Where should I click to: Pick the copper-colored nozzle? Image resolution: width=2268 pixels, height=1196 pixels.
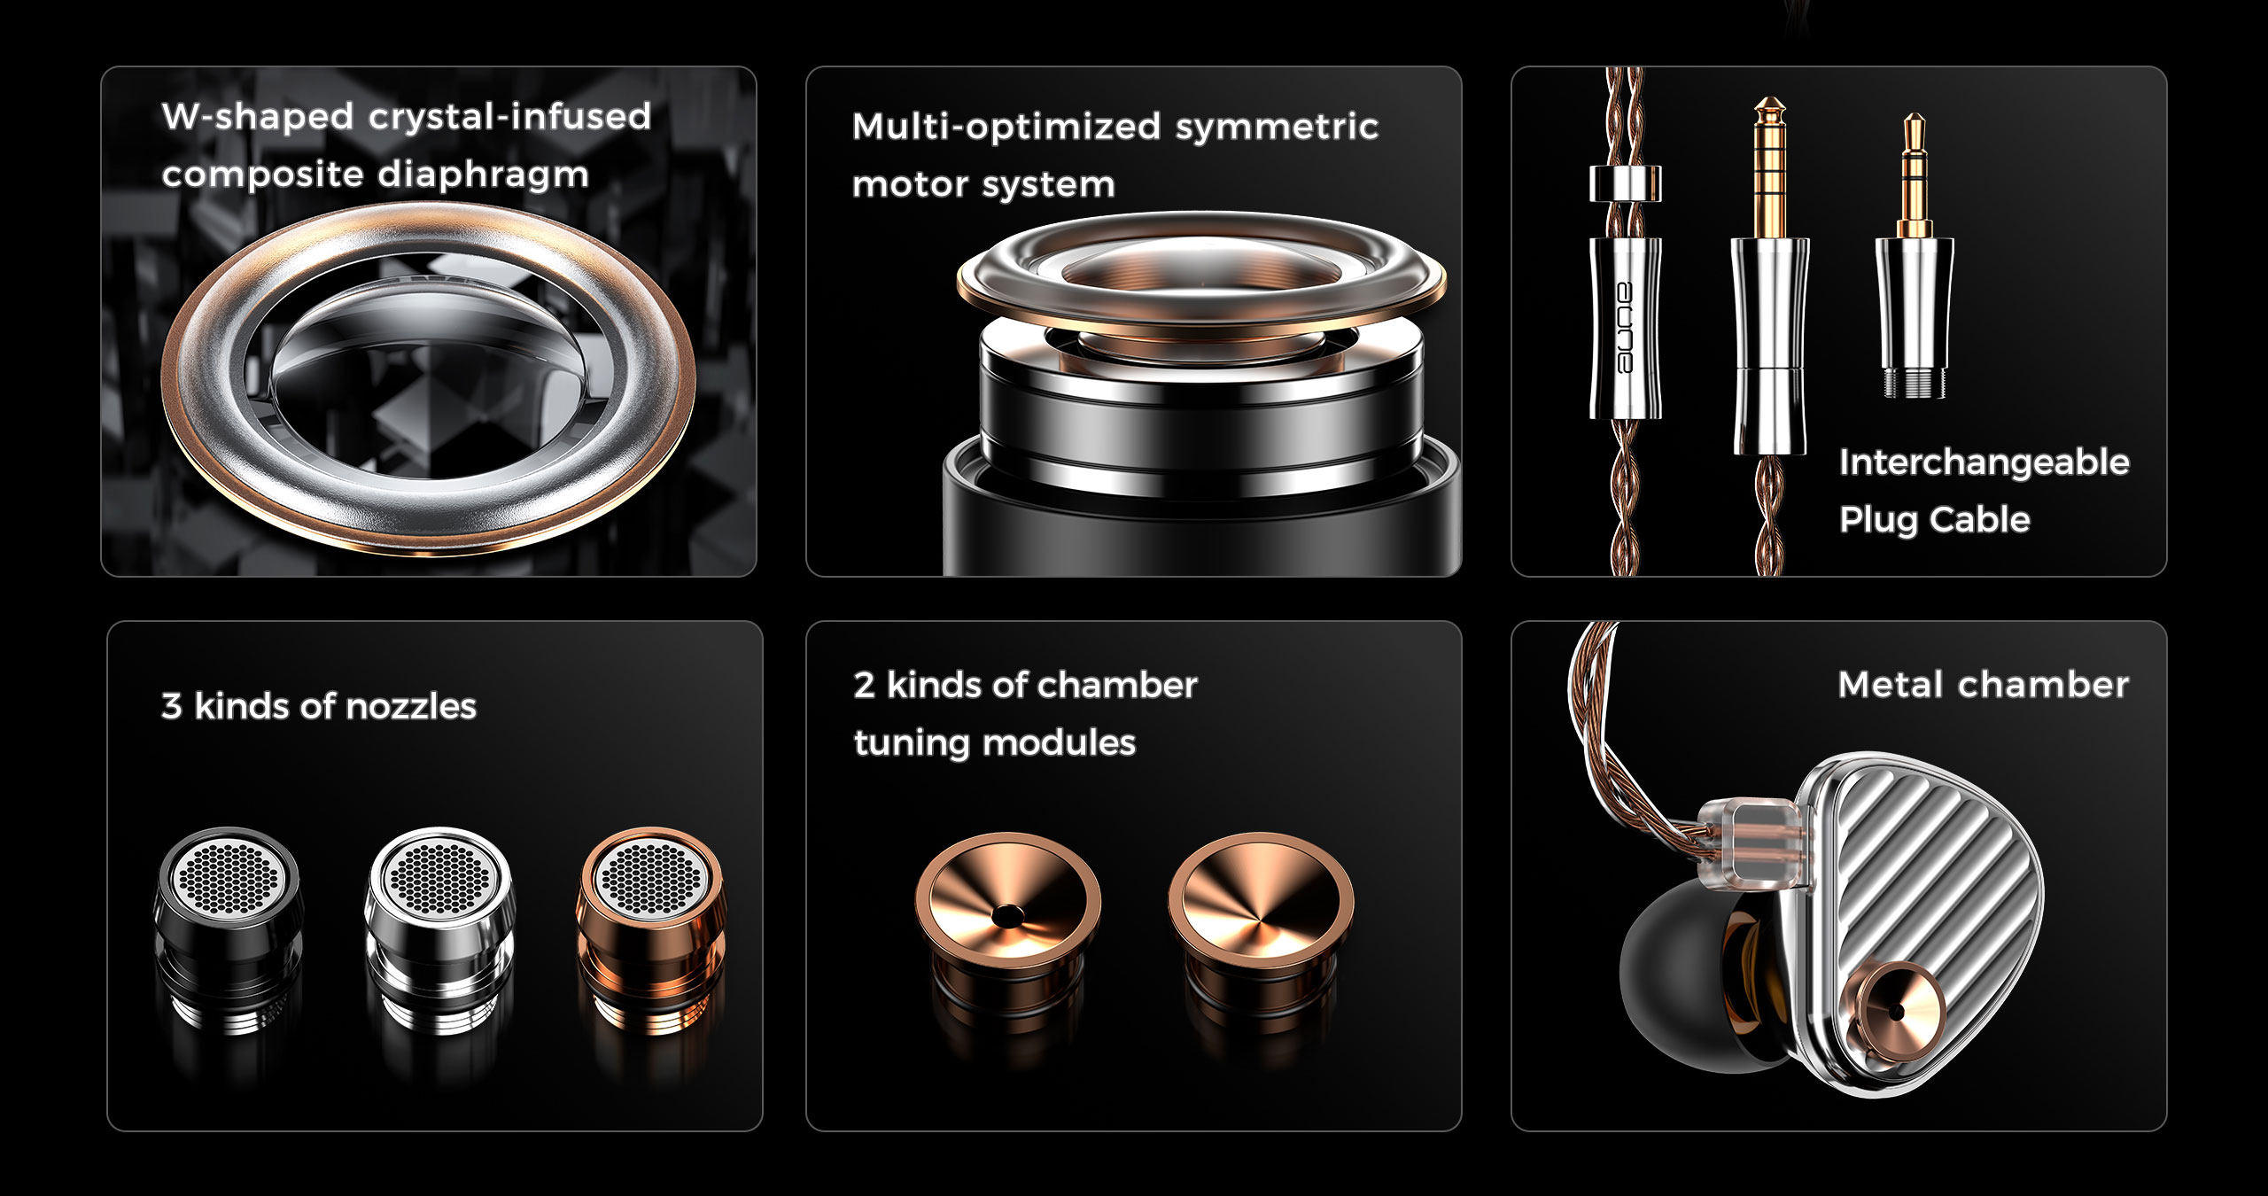pyautogui.click(x=651, y=930)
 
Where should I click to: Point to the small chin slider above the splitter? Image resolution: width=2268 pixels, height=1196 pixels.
pyautogui.click(x=1625, y=183)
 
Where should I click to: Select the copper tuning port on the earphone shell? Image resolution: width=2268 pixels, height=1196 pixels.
pyautogui.click(x=1896, y=1010)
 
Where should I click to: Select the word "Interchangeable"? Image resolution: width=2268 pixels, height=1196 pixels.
pyautogui.click(x=1984, y=462)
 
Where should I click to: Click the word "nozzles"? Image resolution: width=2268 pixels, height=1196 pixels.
pyautogui.click(x=411, y=706)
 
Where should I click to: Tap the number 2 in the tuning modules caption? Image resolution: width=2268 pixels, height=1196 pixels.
pyautogui.click(x=864, y=685)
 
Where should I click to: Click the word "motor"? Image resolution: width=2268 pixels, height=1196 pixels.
pyautogui.click(x=907, y=185)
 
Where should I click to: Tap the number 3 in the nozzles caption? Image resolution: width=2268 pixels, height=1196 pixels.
pyautogui.click(x=172, y=706)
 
